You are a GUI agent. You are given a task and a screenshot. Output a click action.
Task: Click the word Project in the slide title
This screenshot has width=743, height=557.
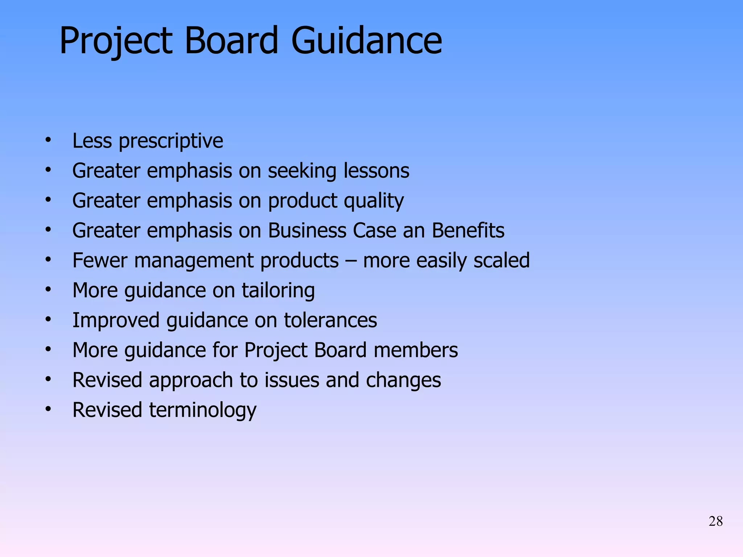(116, 41)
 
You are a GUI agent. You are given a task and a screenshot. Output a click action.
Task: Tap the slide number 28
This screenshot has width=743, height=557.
(715, 521)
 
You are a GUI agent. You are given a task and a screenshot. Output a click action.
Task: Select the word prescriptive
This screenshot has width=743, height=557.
(171, 141)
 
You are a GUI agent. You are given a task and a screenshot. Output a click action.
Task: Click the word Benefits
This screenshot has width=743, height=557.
(468, 231)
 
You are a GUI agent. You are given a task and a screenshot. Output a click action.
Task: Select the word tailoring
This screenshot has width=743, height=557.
(278, 291)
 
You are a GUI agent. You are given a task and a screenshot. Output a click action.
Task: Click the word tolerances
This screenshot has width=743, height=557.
(330, 321)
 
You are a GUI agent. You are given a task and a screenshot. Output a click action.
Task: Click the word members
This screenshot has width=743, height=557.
(416, 350)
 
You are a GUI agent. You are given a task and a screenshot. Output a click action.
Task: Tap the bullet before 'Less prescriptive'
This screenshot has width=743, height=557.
(48, 140)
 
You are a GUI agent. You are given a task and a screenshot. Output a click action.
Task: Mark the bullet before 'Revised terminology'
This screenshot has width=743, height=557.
(48, 409)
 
